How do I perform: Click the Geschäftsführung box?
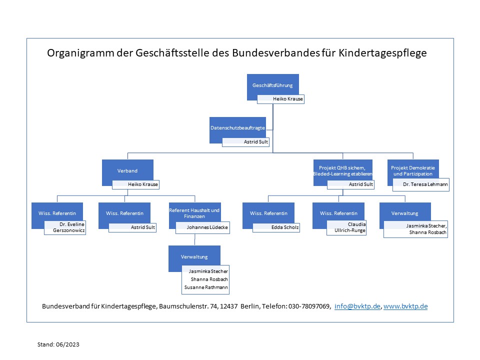(x=273, y=85)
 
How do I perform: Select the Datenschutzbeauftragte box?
(x=237, y=127)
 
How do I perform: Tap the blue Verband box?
(x=127, y=170)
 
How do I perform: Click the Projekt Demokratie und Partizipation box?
(x=413, y=170)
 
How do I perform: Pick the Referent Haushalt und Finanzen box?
(x=194, y=213)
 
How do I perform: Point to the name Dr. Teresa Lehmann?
(x=425, y=184)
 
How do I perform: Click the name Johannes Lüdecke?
(x=207, y=227)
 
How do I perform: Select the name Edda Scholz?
(x=285, y=227)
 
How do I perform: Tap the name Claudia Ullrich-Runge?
(x=350, y=227)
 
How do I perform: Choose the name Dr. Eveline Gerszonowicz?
(x=68, y=227)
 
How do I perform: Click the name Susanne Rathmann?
(x=206, y=287)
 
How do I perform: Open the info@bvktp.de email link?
(x=357, y=306)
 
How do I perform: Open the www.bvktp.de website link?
(x=405, y=306)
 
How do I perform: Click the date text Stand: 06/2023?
(x=58, y=344)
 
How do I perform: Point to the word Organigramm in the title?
(x=80, y=53)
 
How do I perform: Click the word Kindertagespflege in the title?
(x=382, y=53)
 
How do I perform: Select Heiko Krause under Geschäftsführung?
(x=288, y=99)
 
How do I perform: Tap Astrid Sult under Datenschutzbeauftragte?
(x=256, y=141)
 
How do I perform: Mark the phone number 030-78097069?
(x=309, y=306)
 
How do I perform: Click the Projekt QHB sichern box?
(x=343, y=170)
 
